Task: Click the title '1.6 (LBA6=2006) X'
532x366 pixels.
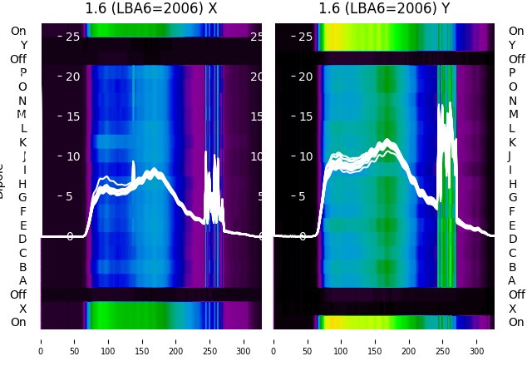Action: pyautogui.click(x=151, y=9)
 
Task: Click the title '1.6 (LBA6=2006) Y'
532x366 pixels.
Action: pyautogui.click(x=385, y=9)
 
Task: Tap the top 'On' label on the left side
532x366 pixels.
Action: pyautogui.click(x=18, y=31)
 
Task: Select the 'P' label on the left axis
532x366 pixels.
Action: pyautogui.click(x=23, y=72)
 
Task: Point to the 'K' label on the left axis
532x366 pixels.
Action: pyautogui.click(x=23, y=142)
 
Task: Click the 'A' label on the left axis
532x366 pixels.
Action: pyautogui.click(x=23, y=280)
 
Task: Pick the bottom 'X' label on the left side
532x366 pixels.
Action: pyautogui.click(x=23, y=309)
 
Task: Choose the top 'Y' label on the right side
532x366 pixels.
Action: pyautogui.click(x=512, y=45)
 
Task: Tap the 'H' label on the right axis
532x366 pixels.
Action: pyautogui.click(x=512, y=184)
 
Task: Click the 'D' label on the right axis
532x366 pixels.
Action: pyautogui.click(x=512, y=239)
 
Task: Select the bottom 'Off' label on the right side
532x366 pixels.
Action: pyautogui.click(x=516, y=294)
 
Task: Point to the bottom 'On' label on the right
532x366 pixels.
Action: pyautogui.click(x=516, y=322)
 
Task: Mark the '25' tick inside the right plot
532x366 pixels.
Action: pyautogui.click(x=304, y=37)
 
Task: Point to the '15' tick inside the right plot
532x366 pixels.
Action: pyautogui.click(x=304, y=116)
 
